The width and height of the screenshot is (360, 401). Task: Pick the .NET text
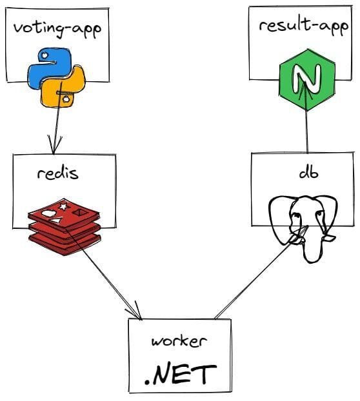180,373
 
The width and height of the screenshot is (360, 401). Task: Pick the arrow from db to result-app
308,132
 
